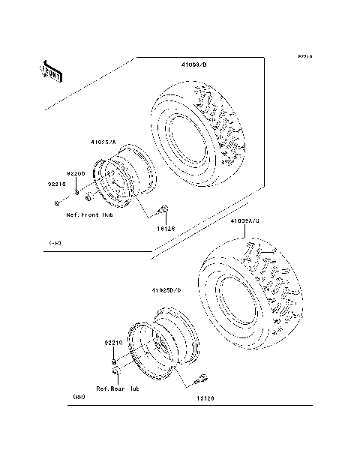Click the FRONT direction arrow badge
click(51, 70)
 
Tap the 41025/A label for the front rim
click(105, 141)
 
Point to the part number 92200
click(83, 172)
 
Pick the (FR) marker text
click(55, 243)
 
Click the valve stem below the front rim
click(165, 211)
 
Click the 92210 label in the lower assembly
click(114, 342)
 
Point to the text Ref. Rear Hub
click(118, 388)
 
